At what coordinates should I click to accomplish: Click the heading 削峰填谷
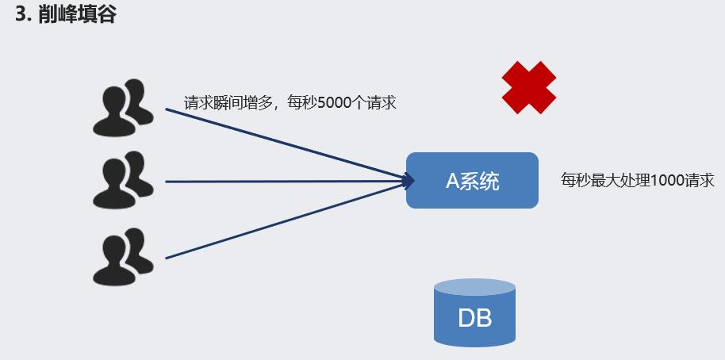point(77,15)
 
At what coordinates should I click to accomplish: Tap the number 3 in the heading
point(21,15)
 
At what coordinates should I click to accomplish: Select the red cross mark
point(529,87)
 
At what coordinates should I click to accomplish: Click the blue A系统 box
point(472,180)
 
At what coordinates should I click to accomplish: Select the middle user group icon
point(123,181)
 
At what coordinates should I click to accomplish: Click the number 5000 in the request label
point(334,103)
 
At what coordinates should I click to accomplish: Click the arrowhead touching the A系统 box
point(409,181)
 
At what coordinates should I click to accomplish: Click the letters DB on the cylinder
point(474,319)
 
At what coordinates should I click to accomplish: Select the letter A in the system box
point(452,181)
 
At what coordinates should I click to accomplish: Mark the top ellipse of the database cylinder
point(474,287)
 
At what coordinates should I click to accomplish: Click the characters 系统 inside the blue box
point(481,181)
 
